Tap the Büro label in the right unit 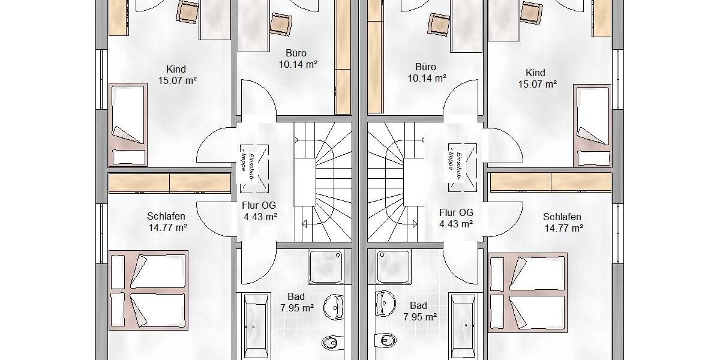(425, 67)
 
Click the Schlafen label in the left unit (166, 217)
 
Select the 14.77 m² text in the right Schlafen (564, 228)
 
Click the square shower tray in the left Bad (329, 266)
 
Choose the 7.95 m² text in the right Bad (419, 317)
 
